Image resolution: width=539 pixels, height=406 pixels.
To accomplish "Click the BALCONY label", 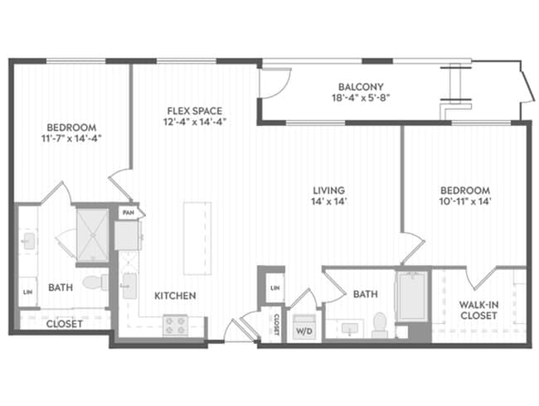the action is tap(361, 86).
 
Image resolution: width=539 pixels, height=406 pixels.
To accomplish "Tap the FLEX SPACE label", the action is tap(195, 111).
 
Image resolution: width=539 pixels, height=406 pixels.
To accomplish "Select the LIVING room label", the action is tap(328, 190).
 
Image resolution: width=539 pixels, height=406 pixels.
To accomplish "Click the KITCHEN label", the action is tap(175, 296).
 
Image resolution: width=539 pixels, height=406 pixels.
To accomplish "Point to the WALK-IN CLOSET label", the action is tap(478, 310).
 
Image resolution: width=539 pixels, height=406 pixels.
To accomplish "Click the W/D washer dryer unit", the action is tap(304, 326).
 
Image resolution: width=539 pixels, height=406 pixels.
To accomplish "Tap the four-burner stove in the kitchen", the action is tap(175, 326).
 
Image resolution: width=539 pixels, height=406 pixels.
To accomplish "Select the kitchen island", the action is tap(197, 239).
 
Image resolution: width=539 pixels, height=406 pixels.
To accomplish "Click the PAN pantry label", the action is tap(128, 213).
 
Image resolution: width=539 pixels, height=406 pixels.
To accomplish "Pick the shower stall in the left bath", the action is tap(92, 235).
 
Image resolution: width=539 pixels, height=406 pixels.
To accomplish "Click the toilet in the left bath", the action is tap(95, 283).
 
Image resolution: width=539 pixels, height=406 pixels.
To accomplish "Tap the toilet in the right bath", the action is tap(380, 325).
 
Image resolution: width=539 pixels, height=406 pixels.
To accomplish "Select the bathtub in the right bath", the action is tap(412, 297).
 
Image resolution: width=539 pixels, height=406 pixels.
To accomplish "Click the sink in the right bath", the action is tap(350, 329).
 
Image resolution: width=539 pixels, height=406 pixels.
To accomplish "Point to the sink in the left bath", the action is tap(29, 241).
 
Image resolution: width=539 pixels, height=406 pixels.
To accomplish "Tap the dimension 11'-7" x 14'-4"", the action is tap(71, 138).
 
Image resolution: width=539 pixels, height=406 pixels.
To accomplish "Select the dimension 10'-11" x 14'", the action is tap(465, 201).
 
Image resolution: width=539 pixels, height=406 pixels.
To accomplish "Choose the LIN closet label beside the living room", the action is tap(275, 288).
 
